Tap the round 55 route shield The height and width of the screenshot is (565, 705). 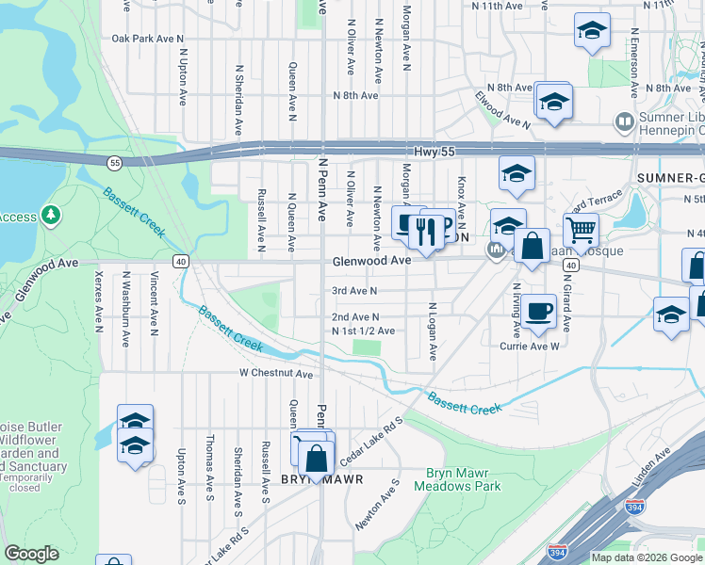pos(114,162)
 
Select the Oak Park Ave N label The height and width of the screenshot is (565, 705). pos(147,39)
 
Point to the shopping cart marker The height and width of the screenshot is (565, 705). pos(581,229)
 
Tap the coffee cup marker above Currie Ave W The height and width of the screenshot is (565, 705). pos(539,312)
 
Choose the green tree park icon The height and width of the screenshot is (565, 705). pos(50,217)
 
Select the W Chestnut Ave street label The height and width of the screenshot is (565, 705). pos(274,374)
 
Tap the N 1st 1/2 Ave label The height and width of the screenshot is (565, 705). pos(363,331)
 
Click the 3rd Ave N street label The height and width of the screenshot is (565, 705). pos(354,291)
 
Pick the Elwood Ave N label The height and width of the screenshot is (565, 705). pos(503,108)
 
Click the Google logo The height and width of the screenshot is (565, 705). pos(31,554)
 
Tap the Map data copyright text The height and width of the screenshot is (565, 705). pos(646,557)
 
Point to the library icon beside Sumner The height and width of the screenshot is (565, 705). pos(623,121)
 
